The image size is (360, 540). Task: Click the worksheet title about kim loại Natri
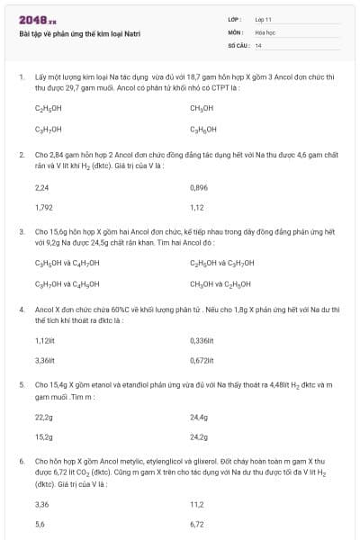click(x=79, y=33)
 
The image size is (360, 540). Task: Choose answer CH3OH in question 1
click(x=202, y=108)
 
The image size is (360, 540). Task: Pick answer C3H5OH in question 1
click(x=203, y=129)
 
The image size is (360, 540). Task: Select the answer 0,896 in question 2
click(x=200, y=187)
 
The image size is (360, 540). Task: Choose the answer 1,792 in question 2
click(x=43, y=207)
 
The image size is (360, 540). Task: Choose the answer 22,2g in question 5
click(x=43, y=418)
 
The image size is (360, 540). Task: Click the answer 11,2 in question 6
click(x=197, y=504)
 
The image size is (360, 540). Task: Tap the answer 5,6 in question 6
click(x=40, y=524)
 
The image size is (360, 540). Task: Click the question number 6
click(x=22, y=460)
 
